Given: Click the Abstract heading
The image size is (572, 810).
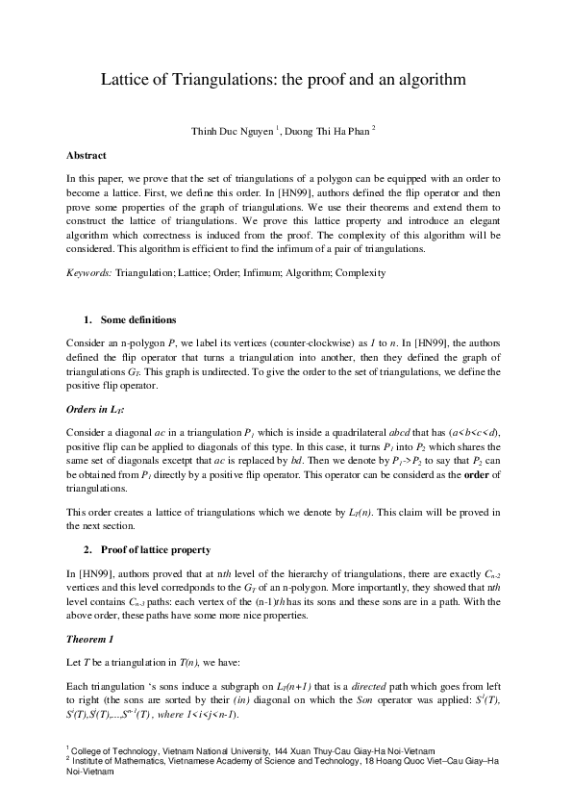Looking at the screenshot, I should (87, 155).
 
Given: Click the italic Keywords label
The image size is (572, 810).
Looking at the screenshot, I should (88, 273).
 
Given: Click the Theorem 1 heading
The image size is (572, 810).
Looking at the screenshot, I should (90, 640).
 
